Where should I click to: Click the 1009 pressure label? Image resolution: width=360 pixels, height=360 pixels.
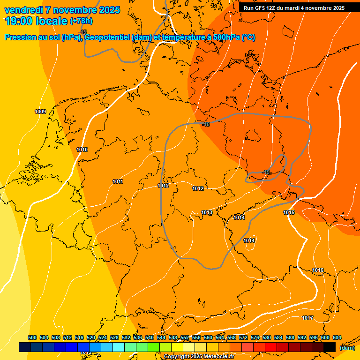pos(40,112)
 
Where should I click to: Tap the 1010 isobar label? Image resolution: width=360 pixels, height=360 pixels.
pos(82,150)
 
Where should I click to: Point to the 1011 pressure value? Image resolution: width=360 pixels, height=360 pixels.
pos(118,181)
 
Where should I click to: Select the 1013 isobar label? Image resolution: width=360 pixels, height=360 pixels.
pos(207,212)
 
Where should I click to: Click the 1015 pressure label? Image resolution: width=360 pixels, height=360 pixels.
pos(289,212)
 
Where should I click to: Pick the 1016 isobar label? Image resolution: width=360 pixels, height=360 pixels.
pos(318,270)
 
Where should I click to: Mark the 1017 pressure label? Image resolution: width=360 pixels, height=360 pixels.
pos(307,318)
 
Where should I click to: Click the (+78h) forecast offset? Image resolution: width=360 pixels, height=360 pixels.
pos(81,21)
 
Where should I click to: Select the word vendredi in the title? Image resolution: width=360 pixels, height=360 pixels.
pos(23,10)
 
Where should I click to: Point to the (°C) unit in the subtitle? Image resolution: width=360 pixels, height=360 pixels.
pos(248,37)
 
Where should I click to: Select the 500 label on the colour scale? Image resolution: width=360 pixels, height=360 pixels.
pos(32,338)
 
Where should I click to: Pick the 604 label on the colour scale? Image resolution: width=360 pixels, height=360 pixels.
pos(337,338)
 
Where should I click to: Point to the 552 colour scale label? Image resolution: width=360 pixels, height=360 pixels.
pos(185,338)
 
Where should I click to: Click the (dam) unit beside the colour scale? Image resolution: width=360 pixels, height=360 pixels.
pos(347,348)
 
